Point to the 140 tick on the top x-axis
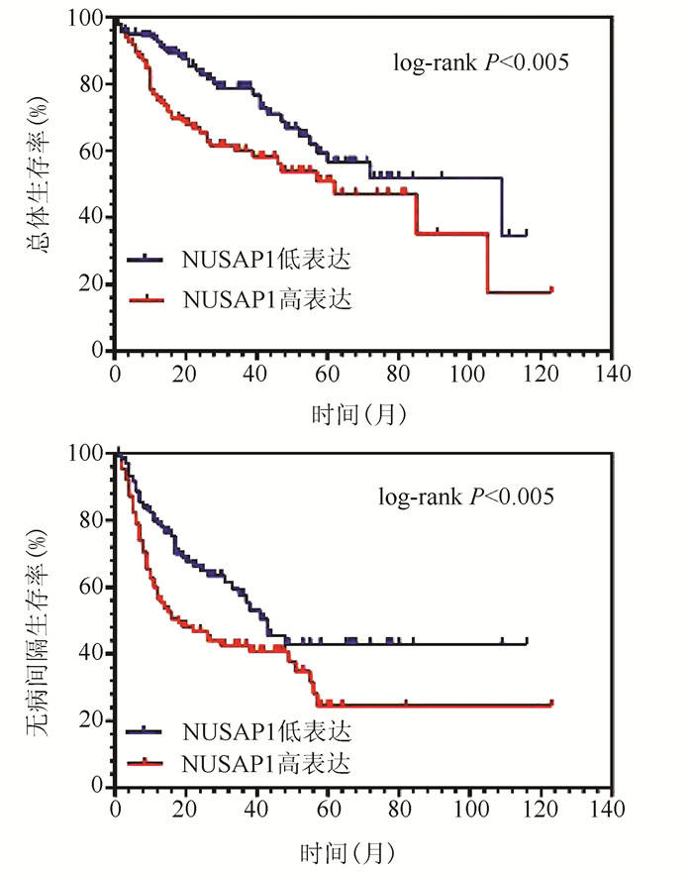(612, 374)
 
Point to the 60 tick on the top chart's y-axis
(95, 152)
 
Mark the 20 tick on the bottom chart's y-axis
(95, 720)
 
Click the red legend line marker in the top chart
(147, 296)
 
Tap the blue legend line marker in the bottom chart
(147, 732)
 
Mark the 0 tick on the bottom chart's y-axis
(100, 787)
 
